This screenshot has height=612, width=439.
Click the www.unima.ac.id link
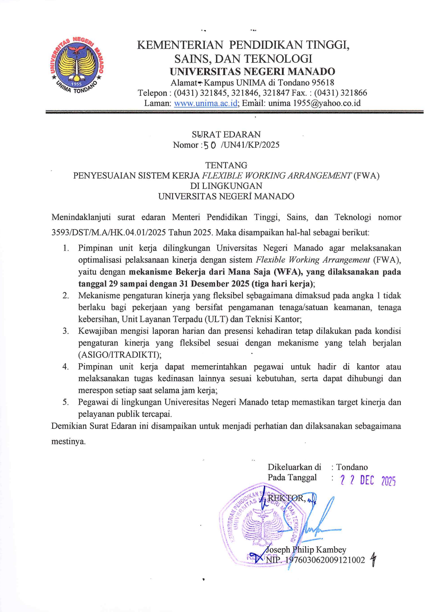click(206, 103)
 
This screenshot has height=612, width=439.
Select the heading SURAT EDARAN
click(226, 134)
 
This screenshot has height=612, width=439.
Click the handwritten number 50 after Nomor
click(209, 145)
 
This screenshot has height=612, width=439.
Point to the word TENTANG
click(226, 165)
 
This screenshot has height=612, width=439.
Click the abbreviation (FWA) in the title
click(366, 176)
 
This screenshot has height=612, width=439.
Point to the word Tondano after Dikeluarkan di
click(352, 467)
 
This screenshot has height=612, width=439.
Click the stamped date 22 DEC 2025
click(367, 481)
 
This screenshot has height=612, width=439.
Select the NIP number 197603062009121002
click(325, 560)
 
